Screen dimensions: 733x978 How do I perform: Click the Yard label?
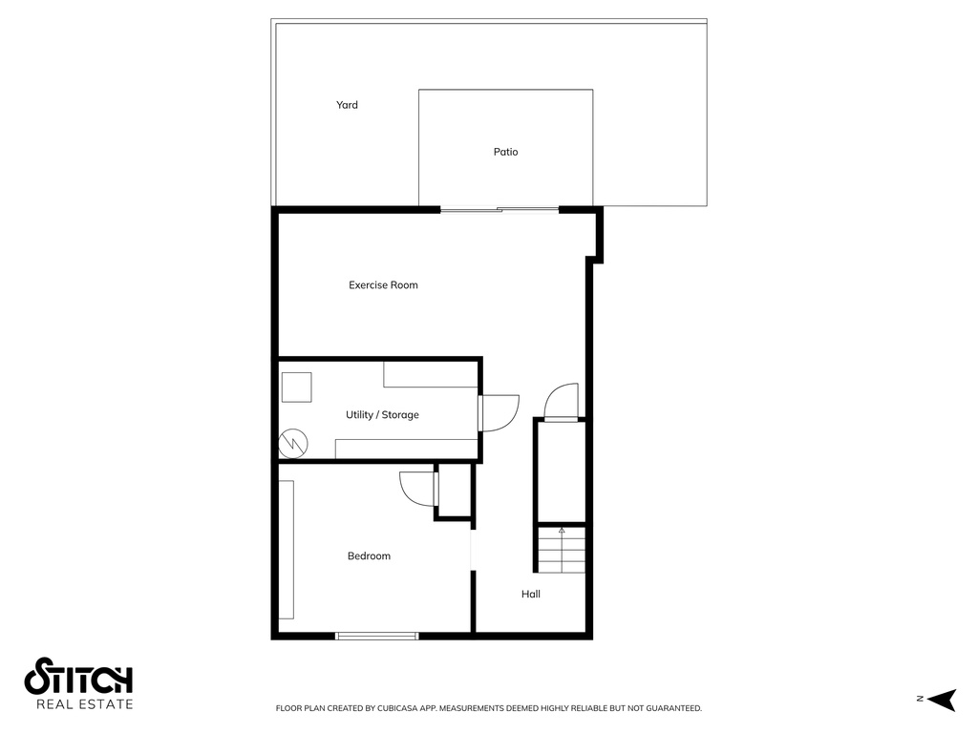347,105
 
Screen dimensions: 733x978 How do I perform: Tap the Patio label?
505,152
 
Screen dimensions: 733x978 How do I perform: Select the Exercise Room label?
383,285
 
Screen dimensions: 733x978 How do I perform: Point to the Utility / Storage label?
382,415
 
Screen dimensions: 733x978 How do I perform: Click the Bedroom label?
369,556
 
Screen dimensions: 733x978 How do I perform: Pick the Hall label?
531,595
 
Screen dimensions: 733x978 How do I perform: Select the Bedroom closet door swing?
417,488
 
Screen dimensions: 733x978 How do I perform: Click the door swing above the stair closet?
562,401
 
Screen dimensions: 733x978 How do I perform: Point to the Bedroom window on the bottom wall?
377,635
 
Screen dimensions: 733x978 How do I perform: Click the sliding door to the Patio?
500,209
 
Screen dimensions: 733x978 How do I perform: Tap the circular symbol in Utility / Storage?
292,443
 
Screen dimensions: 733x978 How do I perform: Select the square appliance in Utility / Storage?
297,387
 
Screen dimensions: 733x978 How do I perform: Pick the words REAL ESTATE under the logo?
84,705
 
